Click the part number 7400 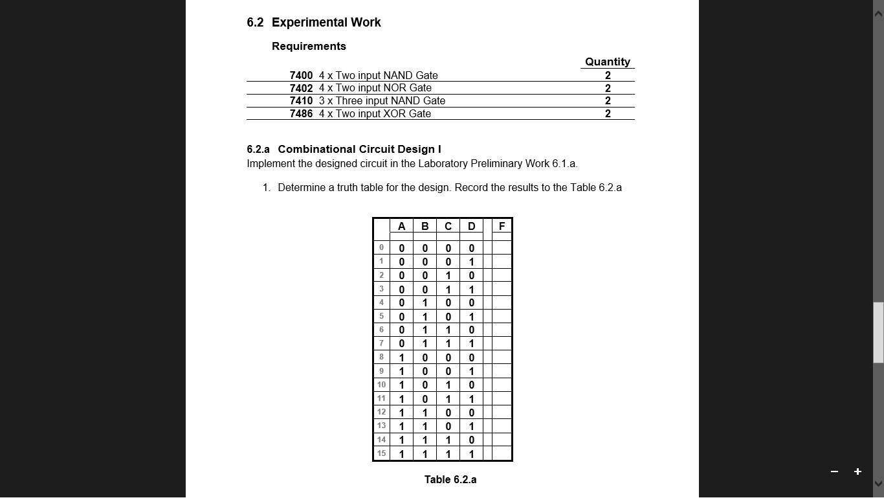[x=301, y=75]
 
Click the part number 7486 [x=301, y=113]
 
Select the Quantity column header [x=607, y=62]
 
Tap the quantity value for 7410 [x=608, y=100]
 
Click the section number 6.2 [x=255, y=23]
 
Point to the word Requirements [x=309, y=46]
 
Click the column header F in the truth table [x=502, y=226]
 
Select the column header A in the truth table [x=401, y=226]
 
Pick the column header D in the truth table [x=471, y=226]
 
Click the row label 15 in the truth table [x=381, y=453]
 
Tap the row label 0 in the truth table [x=381, y=247]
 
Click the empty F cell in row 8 [x=502, y=358]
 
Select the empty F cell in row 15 [x=502, y=453]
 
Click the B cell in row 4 [x=425, y=302]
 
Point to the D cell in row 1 [x=471, y=262]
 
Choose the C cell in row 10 [x=448, y=385]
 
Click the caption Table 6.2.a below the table [x=450, y=479]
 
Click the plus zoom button [x=857, y=472]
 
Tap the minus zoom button [x=834, y=472]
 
